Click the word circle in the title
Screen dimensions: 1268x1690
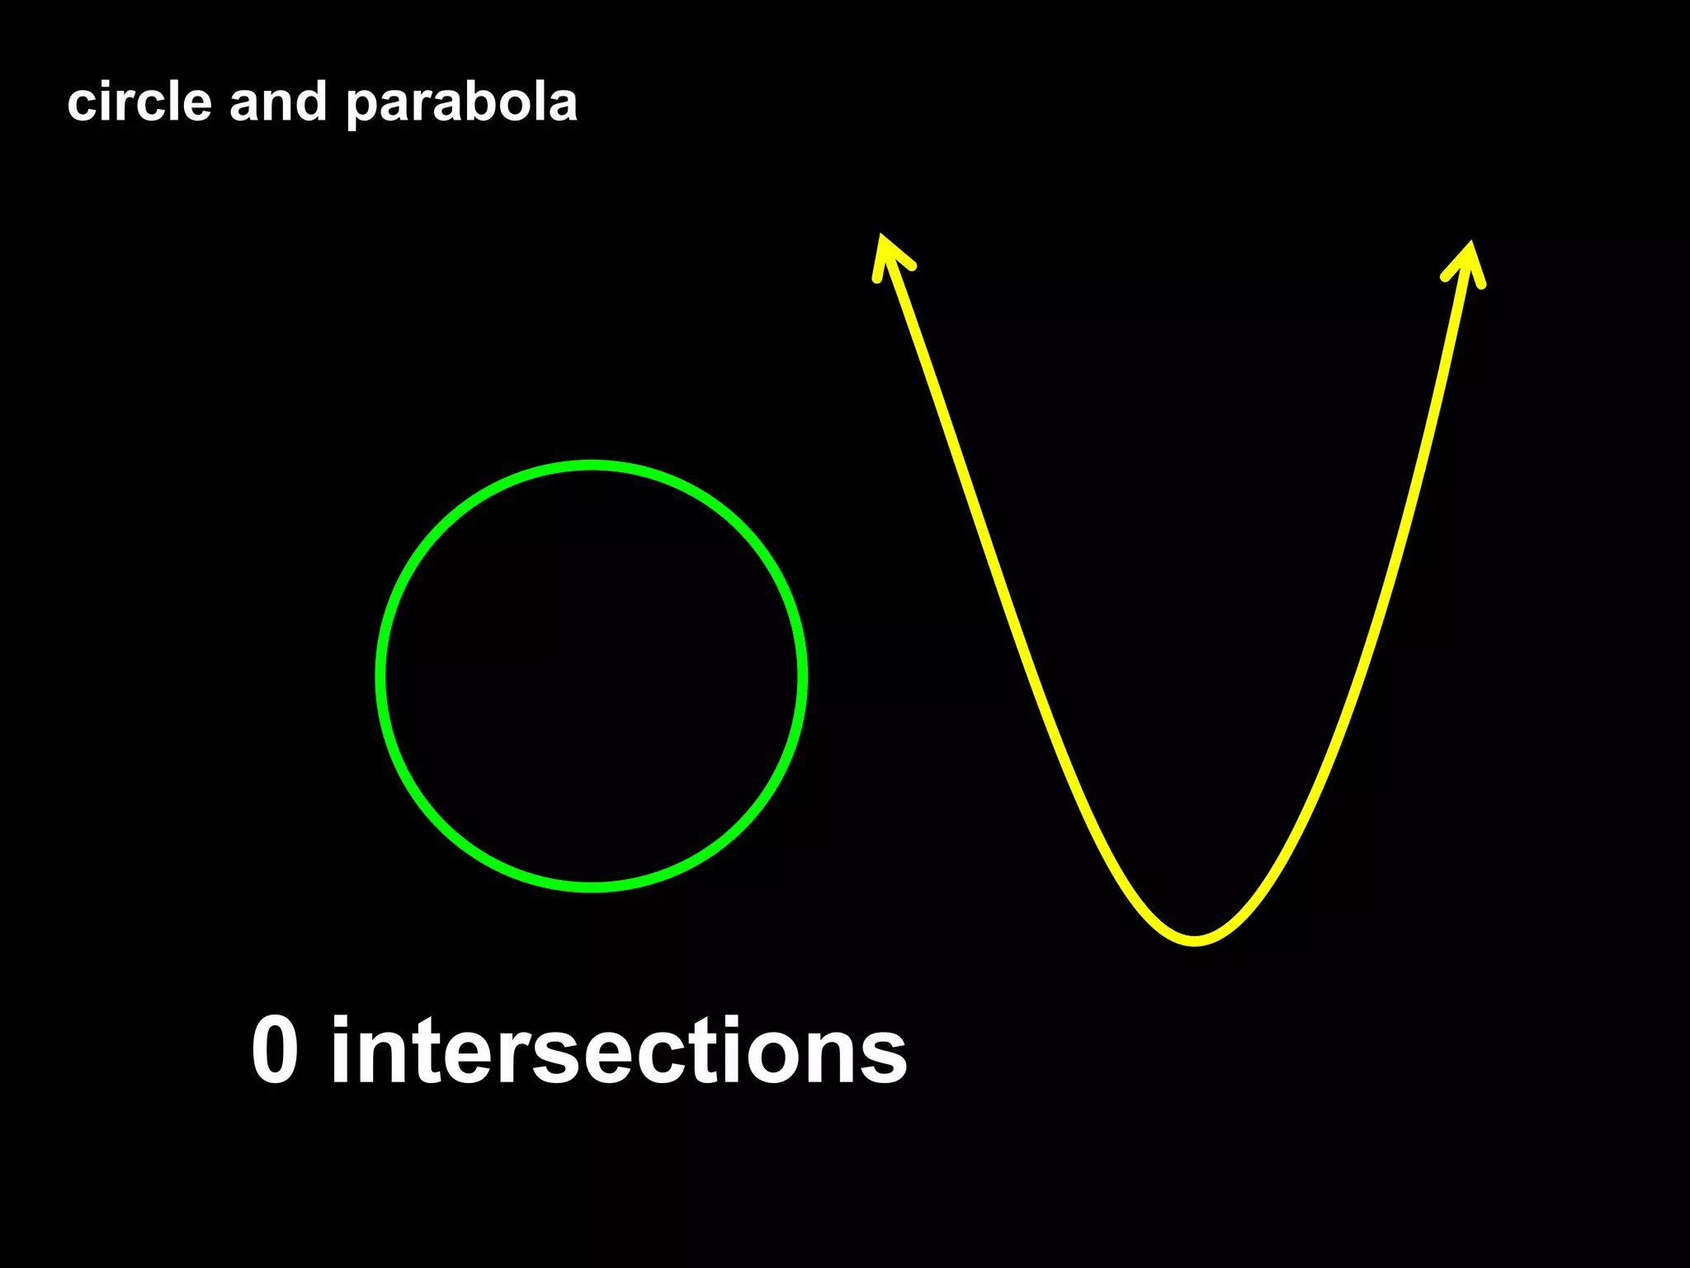coord(139,102)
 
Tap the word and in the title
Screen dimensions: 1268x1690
coord(277,102)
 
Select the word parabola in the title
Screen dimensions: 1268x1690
coord(461,104)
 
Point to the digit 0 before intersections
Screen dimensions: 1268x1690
coord(274,1050)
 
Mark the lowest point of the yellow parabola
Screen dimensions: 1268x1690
coord(1195,940)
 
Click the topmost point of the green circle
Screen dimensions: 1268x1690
coord(592,466)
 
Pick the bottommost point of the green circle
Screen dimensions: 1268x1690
coord(592,887)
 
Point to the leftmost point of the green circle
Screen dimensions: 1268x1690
coord(380,677)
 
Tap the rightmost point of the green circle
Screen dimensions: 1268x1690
coord(802,677)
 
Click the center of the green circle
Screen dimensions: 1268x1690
coord(592,677)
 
